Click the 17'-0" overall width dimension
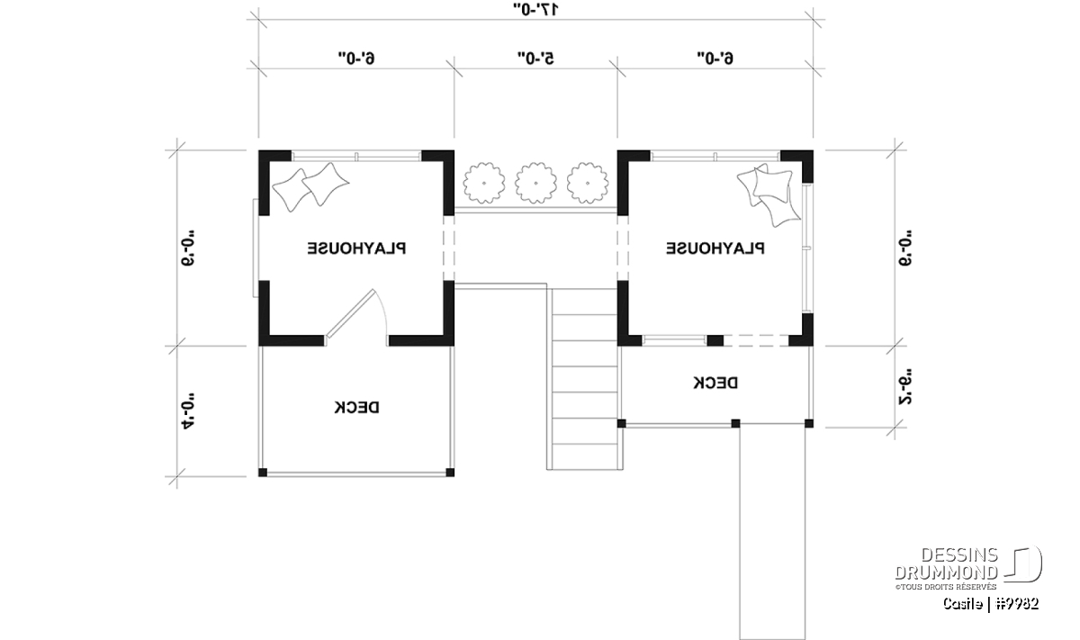pos(535,9)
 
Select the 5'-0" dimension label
pos(535,59)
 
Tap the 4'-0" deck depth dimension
pos(188,411)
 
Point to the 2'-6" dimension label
pos(905,387)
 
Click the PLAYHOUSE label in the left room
pos(356,248)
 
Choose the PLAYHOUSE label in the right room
pos(715,248)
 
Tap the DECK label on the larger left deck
pos(356,408)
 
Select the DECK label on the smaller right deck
pos(715,383)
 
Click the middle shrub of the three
pos(535,184)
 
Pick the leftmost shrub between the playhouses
pos(484,184)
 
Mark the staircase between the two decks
pos(584,379)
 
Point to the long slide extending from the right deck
pos(772,530)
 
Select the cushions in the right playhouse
pos(769,194)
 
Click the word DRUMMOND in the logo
pos(947,572)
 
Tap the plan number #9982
pos(1016,604)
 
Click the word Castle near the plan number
pos(962,604)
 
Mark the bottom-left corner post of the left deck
pos(263,473)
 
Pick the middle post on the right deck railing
pos(736,423)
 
